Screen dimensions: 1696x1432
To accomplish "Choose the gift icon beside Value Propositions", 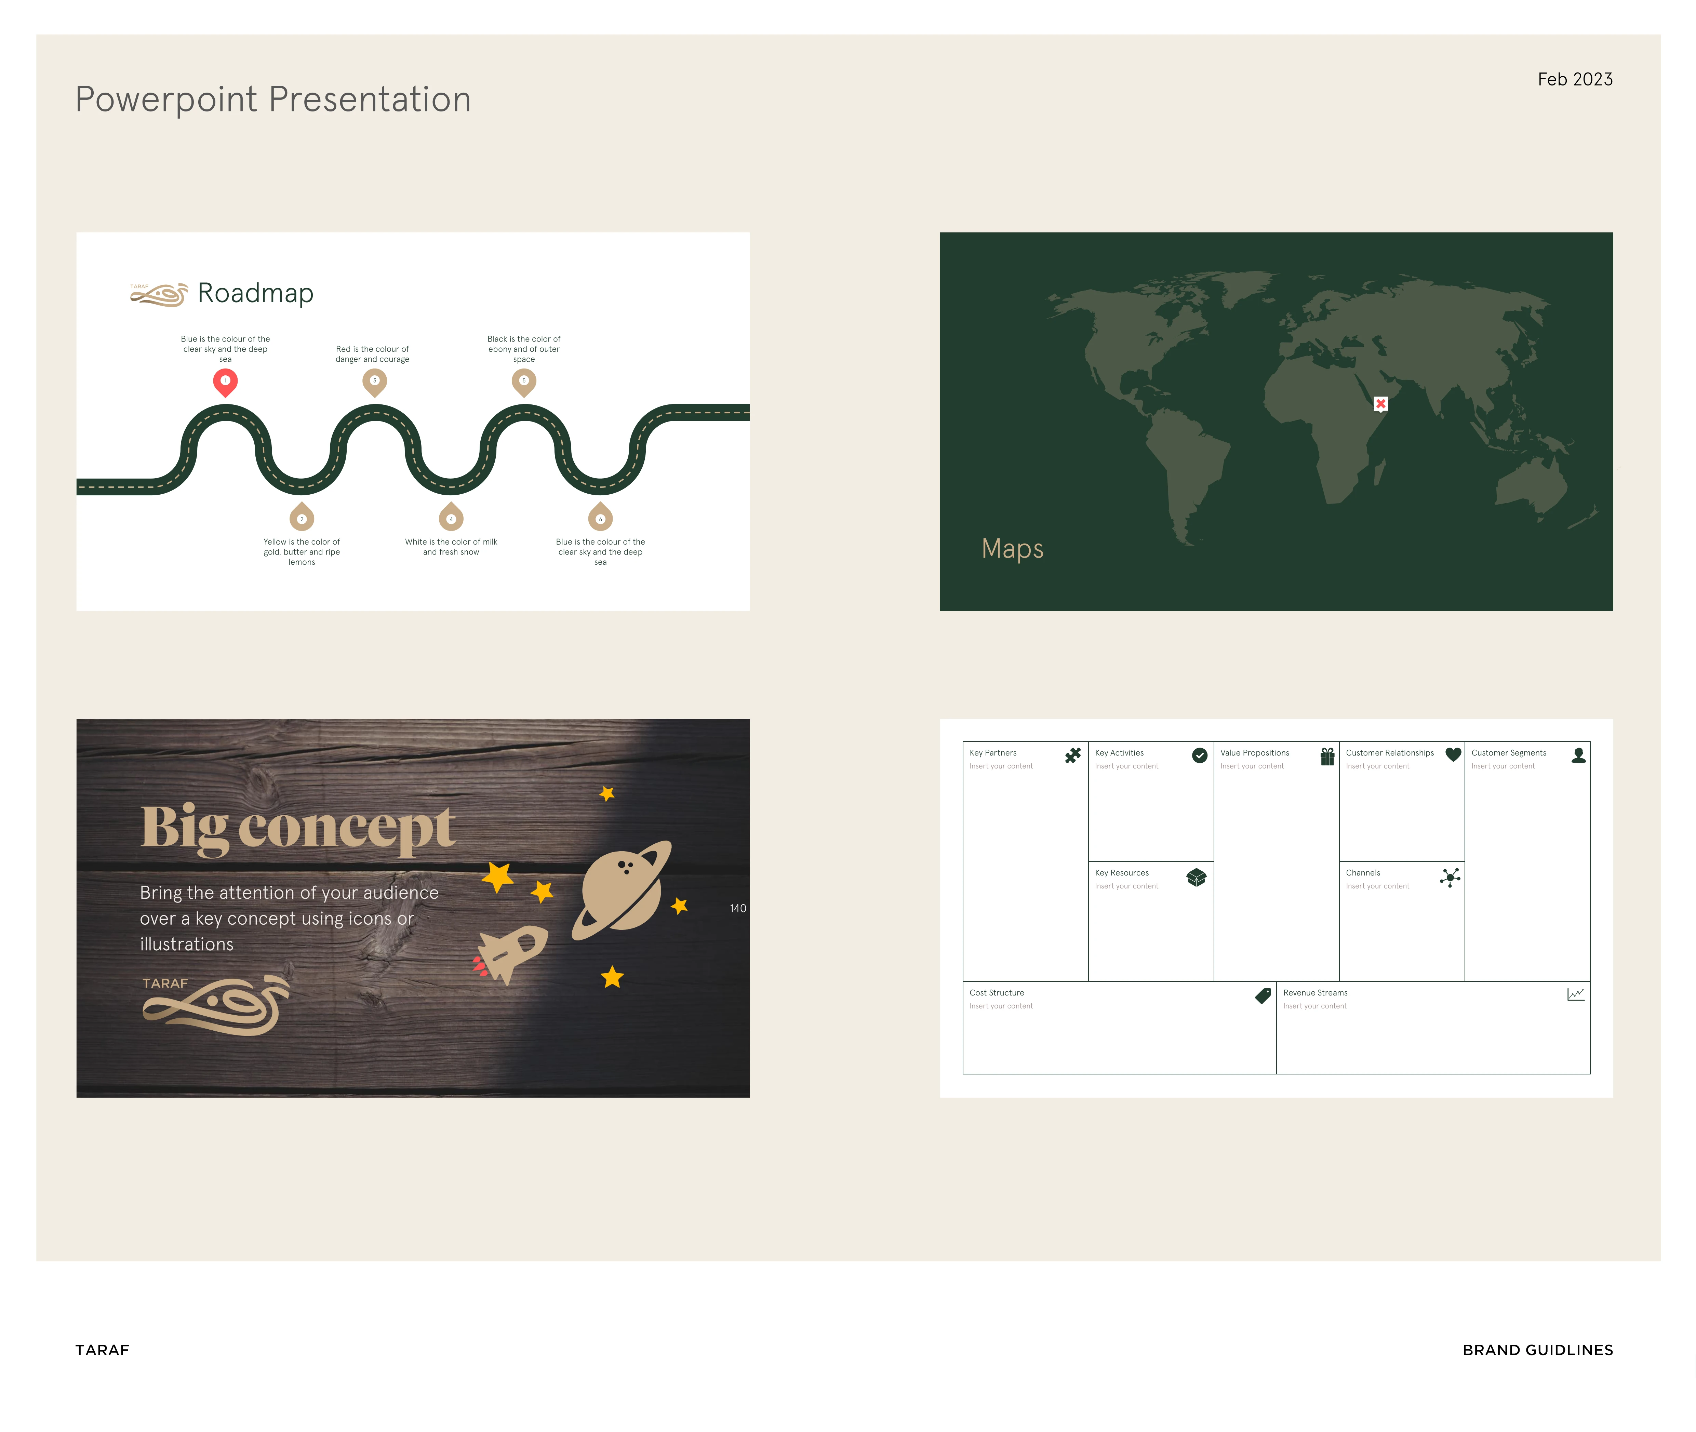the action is point(1327,756).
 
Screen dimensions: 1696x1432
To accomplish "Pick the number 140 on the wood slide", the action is point(737,908).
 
